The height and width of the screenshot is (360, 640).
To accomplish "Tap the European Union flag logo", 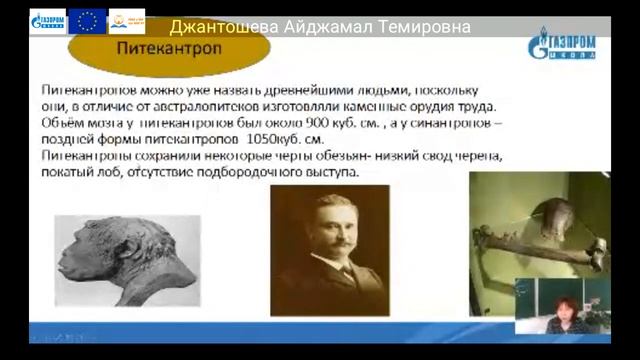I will pos(88,20).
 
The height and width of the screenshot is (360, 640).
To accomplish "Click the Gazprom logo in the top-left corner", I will pos(48,21).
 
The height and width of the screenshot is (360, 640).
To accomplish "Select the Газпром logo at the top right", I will pos(563,45).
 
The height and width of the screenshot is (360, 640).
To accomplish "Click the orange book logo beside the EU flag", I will pos(126,20).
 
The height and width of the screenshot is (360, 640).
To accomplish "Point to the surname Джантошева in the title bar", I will pos(232,27).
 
